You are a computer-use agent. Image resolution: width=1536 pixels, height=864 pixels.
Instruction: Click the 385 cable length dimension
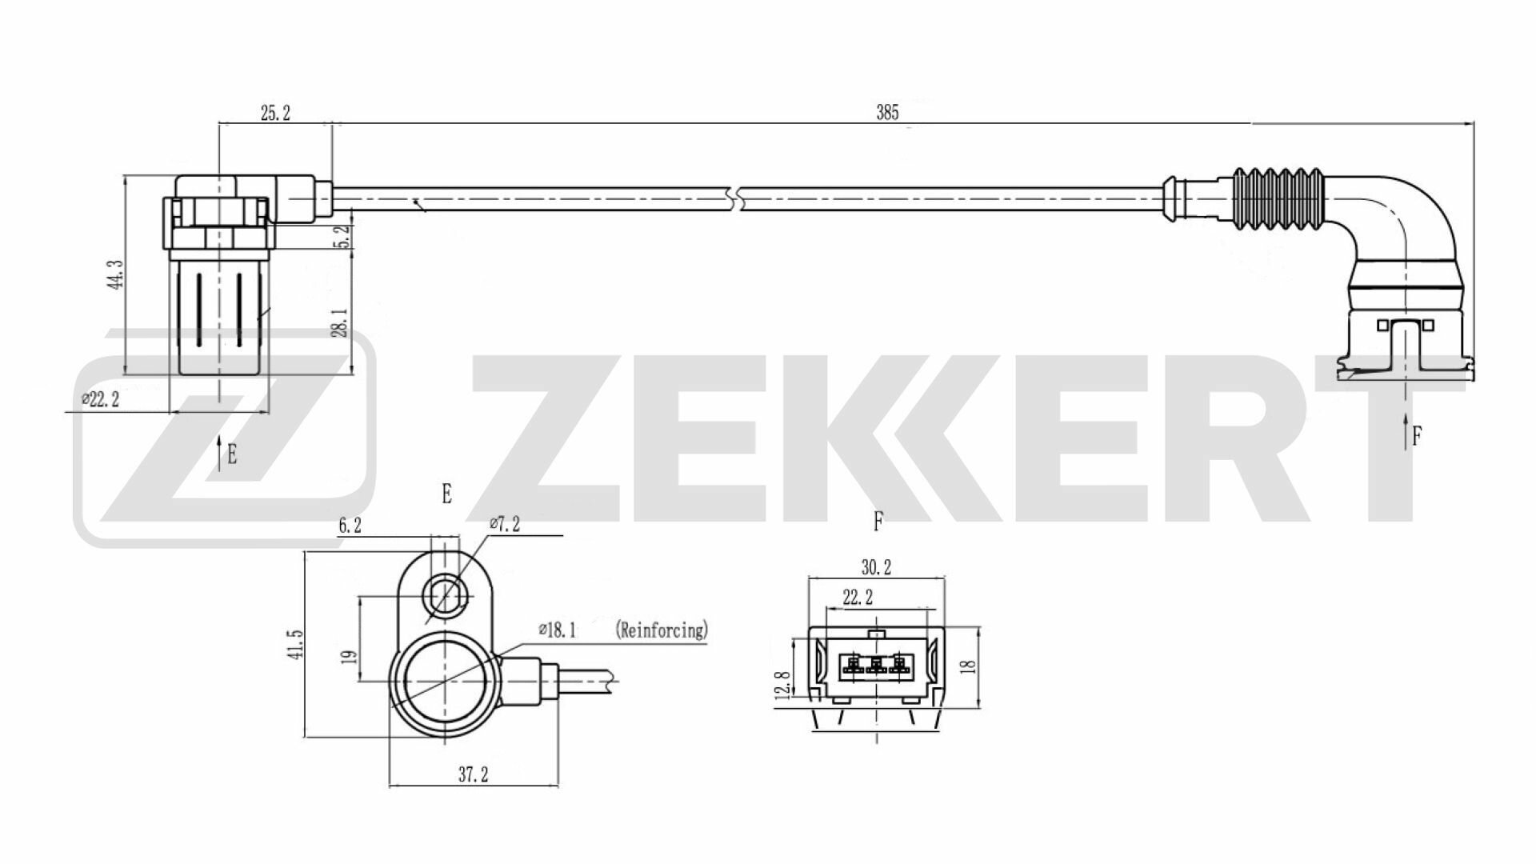tap(887, 113)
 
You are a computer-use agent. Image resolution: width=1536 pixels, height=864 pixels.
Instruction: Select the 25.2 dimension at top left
tap(274, 113)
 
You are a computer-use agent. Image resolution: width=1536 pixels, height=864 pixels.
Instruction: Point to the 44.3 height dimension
tap(117, 274)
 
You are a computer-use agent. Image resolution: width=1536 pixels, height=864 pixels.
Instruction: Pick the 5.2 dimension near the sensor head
tap(342, 237)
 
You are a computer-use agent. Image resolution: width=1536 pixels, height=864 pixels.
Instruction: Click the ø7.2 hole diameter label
tap(504, 525)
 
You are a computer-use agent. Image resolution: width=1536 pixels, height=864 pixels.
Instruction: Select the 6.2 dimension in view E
tap(350, 526)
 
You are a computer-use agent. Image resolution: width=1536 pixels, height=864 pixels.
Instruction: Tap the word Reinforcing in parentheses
tap(662, 630)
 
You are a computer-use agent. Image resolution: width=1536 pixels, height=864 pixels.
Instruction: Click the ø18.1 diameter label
tap(557, 630)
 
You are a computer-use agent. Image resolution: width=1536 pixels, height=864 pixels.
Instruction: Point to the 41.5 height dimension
tap(297, 644)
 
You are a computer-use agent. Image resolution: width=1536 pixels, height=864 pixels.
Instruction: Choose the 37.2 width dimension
tap(473, 774)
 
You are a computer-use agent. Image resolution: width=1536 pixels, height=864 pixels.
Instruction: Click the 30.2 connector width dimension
tap(876, 568)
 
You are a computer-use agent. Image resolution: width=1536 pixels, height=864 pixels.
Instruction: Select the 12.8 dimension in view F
tap(782, 686)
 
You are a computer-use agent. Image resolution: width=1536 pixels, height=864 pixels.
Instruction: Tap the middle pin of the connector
tap(877, 664)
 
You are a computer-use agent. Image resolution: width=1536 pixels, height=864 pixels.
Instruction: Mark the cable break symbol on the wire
tap(736, 198)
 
